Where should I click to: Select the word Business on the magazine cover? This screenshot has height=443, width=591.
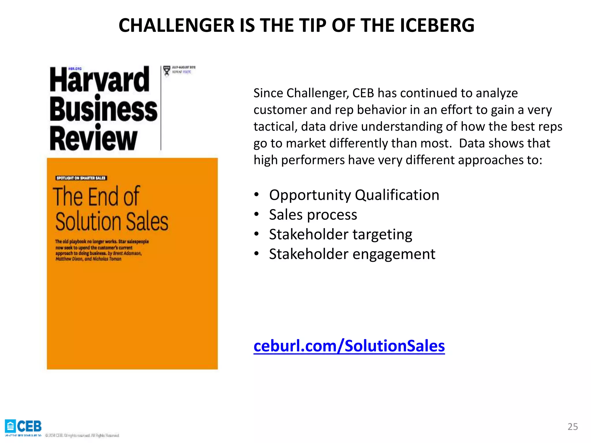click(103, 110)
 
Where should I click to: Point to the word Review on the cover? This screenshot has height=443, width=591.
click(93, 139)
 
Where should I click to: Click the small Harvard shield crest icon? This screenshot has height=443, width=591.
click(167, 70)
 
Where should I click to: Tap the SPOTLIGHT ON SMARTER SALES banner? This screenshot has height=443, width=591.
click(81, 178)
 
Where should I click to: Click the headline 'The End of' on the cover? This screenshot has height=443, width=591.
click(96, 197)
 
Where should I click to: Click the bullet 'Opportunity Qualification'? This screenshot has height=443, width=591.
click(354, 195)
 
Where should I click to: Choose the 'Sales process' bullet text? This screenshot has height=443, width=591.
click(313, 215)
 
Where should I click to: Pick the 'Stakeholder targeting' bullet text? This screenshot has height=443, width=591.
click(341, 234)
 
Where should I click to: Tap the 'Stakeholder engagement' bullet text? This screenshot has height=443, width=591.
click(352, 254)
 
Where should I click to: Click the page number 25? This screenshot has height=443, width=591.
click(573, 427)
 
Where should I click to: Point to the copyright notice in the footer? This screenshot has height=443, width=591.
click(82, 435)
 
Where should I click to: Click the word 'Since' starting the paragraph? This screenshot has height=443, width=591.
click(268, 93)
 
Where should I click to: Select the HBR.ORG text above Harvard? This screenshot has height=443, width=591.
click(75, 69)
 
